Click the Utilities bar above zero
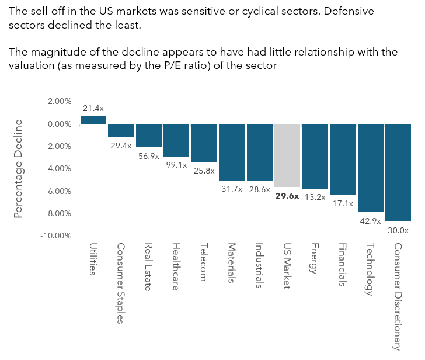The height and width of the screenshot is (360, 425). pyautogui.click(x=93, y=120)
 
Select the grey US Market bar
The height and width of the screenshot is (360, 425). pyautogui.click(x=287, y=155)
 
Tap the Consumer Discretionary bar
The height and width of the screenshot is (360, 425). pyautogui.click(x=398, y=172)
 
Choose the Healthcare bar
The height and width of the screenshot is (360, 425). pyautogui.click(x=176, y=140)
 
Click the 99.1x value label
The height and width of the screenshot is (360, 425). pyautogui.click(x=176, y=165)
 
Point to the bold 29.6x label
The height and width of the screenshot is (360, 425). pyautogui.click(x=287, y=196)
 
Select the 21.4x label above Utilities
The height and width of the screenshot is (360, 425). pyautogui.click(x=93, y=108)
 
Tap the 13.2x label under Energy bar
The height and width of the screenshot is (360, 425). pyautogui.click(x=315, y=197)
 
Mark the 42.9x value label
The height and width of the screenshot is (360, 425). pyautogui.click(x=370, y=220)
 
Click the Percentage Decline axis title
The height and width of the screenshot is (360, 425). pyautogui.click(x=18, y=168)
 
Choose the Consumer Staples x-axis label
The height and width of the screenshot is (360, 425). pyautogui.click(x=121, y=283)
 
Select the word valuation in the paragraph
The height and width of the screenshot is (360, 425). pyautogui.click(x=32, y=65)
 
